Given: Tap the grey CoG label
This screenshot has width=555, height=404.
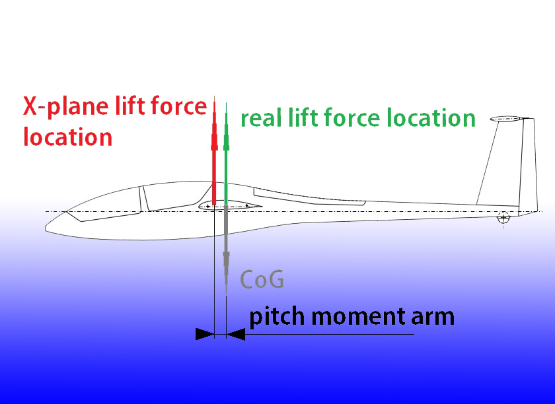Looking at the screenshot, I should (x=262, y=280).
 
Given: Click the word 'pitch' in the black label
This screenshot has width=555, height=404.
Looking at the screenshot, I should (x=277, y=317).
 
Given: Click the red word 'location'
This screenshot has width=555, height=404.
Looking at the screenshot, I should (x=67, y=137).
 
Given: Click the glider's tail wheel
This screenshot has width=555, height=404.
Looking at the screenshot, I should (x=504, y=217).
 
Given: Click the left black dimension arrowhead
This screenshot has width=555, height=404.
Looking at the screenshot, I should (x=205, y=335).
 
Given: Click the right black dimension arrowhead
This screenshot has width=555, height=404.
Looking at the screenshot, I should (x=235, y=335).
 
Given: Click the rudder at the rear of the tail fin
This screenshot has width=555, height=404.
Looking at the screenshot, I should (x=528, y=165).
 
